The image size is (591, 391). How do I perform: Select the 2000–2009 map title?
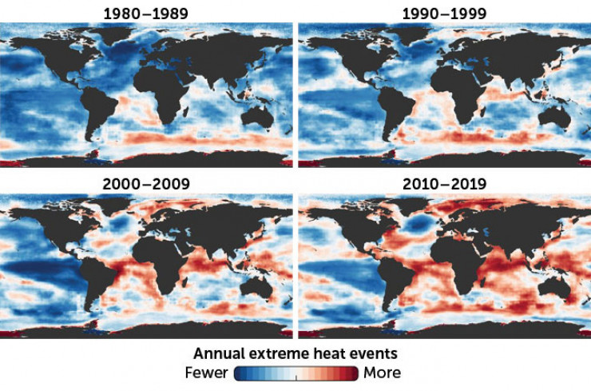146,185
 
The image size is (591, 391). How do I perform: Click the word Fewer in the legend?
206,373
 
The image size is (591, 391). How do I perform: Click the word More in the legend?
382,373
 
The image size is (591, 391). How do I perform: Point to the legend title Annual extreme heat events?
295,352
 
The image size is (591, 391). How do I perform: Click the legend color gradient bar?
295,373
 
